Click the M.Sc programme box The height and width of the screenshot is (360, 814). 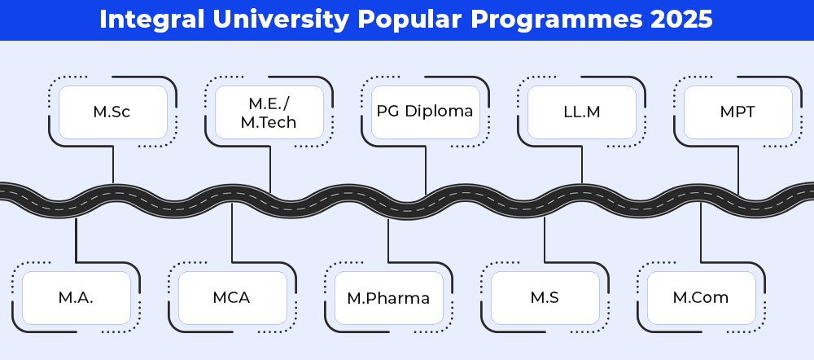113,112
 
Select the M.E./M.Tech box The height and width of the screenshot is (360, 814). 269,112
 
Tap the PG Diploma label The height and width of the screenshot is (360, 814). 425,111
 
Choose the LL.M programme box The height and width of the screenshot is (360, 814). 582,112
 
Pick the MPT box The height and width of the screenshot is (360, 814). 738,112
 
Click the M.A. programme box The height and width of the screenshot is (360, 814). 77,298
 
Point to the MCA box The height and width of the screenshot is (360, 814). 233,298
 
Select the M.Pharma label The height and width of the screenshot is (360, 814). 388,298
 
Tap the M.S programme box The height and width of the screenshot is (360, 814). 545,298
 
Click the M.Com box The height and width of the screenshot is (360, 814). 702,298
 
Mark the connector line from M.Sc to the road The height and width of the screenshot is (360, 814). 113,165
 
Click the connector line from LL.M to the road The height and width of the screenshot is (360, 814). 582,165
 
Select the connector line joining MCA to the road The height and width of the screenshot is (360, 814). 232,232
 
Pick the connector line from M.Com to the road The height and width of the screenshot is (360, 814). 701,232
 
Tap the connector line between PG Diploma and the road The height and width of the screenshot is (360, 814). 426,170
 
